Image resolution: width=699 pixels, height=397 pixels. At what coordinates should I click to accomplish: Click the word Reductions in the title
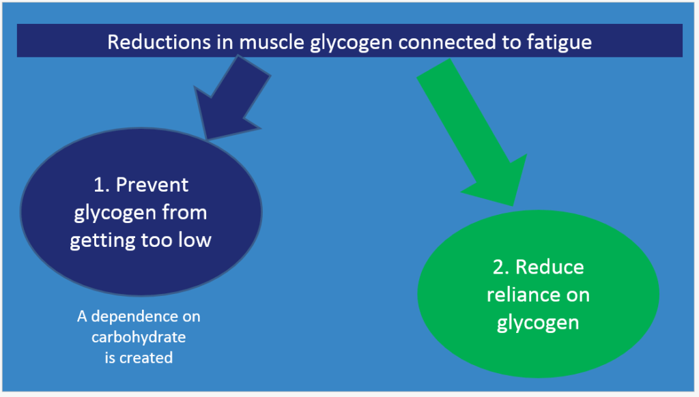[x=159, y=42]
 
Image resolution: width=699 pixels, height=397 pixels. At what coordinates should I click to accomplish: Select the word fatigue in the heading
[x=559, y=43]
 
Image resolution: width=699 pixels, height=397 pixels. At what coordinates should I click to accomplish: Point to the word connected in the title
[x=451, y=42]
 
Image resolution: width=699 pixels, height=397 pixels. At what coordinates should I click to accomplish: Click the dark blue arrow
[x=231, y=98]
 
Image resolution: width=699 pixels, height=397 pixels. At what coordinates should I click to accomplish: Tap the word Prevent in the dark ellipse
[x=152, y=185]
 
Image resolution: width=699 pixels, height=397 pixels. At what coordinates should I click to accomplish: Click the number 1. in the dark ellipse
[x=102, y=185]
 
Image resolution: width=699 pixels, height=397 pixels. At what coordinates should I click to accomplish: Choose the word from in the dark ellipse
[x=184, y=213]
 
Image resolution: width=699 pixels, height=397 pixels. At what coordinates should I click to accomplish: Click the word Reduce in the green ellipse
[x=550, y=267]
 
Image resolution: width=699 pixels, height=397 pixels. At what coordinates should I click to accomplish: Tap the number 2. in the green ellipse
[x=501, y=267]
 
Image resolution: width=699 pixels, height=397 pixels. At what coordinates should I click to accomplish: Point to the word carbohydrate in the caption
[x=139, y=337]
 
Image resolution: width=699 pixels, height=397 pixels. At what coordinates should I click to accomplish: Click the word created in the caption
[x=146, y=358]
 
